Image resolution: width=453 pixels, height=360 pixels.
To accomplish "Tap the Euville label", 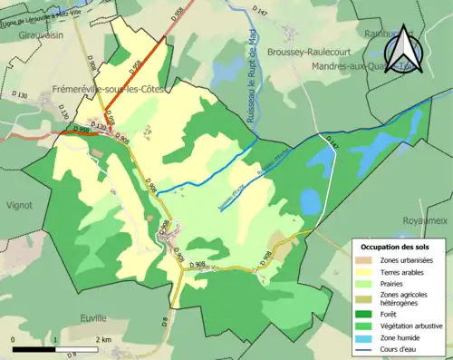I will pyautogui.click(x=92, y=318).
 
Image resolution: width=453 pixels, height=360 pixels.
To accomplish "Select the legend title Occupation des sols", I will pyautogui.click(x=396, y=247).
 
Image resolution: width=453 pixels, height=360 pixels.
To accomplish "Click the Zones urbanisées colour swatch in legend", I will pyautogui.click(x=365, y=260).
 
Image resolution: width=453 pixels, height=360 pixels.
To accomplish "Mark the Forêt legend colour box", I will pyautogui.click(x=365, y=316).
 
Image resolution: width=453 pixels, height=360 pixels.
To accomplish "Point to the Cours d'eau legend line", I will pyautogui.click(x=365, y=348).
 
